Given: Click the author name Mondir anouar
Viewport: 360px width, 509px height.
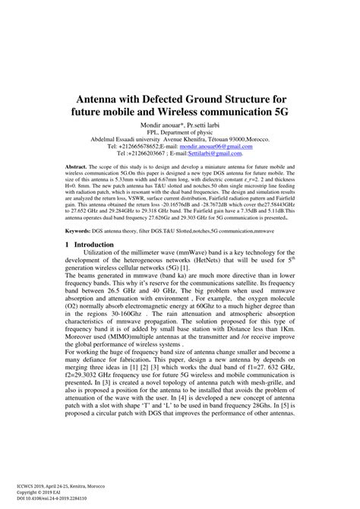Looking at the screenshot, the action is click(x=163, y=124).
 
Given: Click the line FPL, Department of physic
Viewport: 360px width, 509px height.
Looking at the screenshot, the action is click(x=179, y=133).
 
